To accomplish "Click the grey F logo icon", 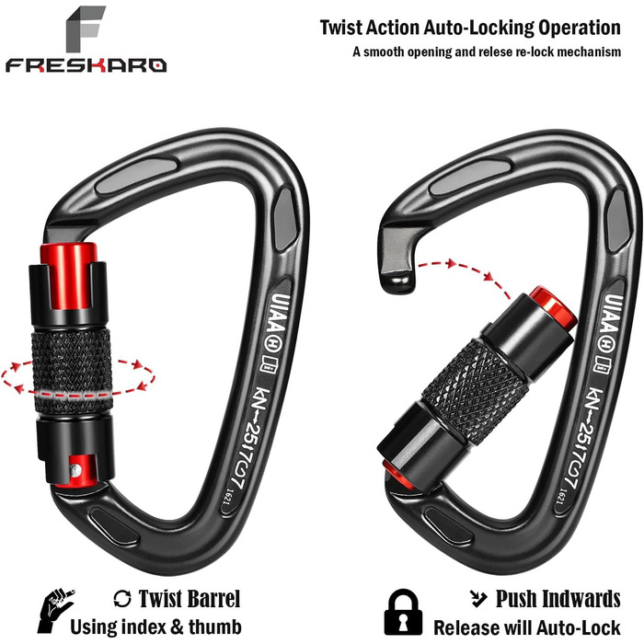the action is [86, 29].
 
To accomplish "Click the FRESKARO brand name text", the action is [86, 65].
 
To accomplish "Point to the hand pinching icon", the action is [55, 610].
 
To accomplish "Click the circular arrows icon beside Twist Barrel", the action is [122, 598].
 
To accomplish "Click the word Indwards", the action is [581, 598].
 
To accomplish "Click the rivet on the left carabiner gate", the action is [75, 470].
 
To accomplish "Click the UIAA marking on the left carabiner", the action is [280, 312].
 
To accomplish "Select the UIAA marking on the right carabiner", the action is [613, 313].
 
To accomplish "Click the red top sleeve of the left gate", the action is [69, 275].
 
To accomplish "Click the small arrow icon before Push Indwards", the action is [478, 598].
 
